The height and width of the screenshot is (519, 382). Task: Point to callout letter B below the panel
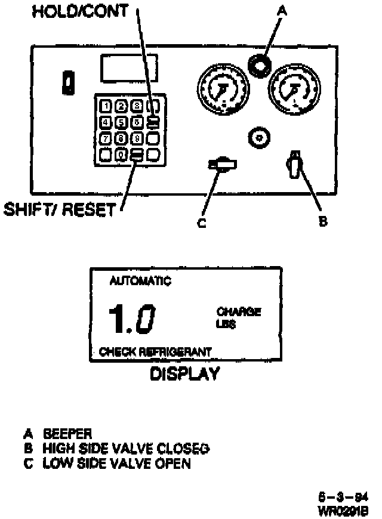pos(323,221)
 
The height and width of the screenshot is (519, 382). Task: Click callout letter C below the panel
pos(201,224)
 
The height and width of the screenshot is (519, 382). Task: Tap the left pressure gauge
pos(222,90)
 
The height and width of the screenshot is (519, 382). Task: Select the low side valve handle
pos(223,164)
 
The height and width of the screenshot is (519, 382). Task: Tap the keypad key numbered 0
pos(121,155)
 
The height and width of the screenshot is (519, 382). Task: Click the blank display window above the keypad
pos(130,69)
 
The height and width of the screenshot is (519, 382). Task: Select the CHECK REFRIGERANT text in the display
pos(155,352)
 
